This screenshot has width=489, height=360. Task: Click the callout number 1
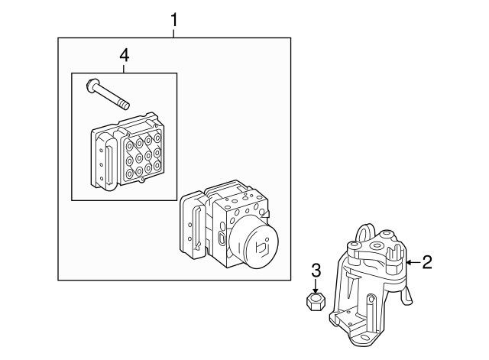[173, 20]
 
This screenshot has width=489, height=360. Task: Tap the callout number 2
[427, 262]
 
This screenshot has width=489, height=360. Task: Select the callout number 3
[316, 271]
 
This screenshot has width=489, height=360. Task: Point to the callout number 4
[124, 56]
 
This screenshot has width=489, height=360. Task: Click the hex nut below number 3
[316, 302]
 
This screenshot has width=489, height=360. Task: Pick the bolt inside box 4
[108, 95]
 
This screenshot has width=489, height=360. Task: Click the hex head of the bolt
[92, 85]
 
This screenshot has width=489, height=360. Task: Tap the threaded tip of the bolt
[124, 105]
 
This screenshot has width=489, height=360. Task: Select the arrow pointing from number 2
[413, 262]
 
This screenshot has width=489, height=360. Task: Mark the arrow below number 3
[316, 286]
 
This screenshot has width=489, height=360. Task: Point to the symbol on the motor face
[262, 246]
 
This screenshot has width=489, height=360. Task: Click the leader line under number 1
[173, 33]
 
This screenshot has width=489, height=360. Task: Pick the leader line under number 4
[124, 69]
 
